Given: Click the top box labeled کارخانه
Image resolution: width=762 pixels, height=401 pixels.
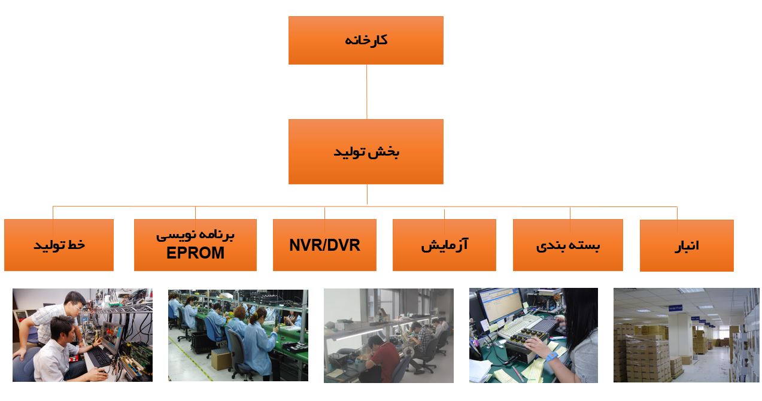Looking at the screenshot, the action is (x=366, y=40).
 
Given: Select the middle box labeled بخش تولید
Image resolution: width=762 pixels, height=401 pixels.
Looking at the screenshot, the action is (x=366, y=151).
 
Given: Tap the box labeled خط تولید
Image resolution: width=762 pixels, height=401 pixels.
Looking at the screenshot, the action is (x=59, y=245).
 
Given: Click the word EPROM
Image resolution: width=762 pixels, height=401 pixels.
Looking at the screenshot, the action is (x=195, y=253).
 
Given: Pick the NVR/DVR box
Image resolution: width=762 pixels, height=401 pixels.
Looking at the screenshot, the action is (x=324, y=245).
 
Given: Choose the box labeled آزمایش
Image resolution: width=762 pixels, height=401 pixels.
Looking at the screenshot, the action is (x=444, y=245).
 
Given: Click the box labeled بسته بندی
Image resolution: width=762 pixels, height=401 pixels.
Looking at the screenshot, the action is (x=567, y=245).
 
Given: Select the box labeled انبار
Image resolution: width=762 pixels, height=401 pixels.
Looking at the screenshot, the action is (x=687, y=245).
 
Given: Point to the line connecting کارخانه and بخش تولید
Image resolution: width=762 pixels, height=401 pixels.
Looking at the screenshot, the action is (x=366, y=92).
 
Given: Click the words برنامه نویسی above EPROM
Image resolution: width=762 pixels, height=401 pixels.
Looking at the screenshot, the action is (x=195, y=235).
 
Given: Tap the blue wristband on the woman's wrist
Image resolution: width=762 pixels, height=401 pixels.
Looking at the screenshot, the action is (x=551, y=357).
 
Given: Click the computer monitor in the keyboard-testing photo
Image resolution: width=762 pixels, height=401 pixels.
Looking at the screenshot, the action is (x=500, y=306).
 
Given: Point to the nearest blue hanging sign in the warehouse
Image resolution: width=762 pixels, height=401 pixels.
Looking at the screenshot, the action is (x=675, y=308).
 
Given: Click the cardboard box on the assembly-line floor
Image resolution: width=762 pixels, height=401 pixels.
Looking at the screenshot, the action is (x=221, y=360).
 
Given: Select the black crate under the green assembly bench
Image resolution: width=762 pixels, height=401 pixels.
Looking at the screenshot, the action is (x=202, y=342).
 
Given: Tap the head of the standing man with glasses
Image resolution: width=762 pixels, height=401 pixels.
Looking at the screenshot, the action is (x=75, y=302).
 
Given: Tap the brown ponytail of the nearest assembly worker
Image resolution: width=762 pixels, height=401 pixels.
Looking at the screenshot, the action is (x=254, y=318).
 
